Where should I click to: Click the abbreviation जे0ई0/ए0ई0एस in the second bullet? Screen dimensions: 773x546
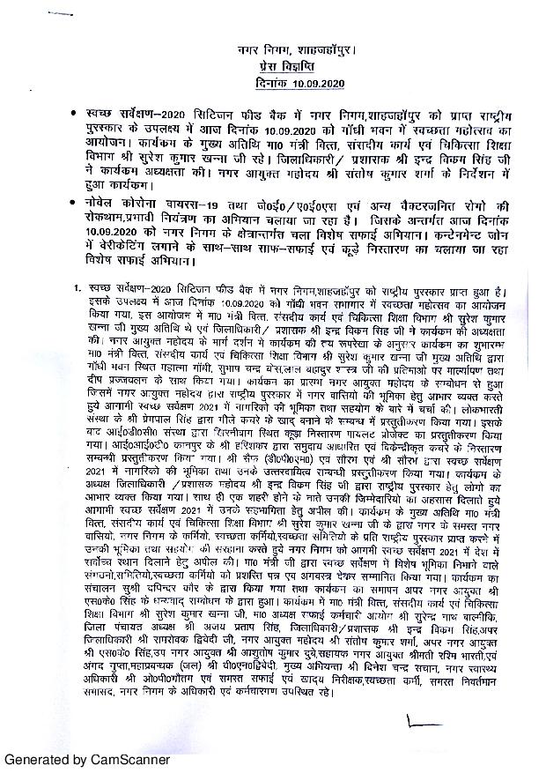tap(272, 202)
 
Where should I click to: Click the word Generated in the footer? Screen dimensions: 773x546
tap(38, 759)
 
